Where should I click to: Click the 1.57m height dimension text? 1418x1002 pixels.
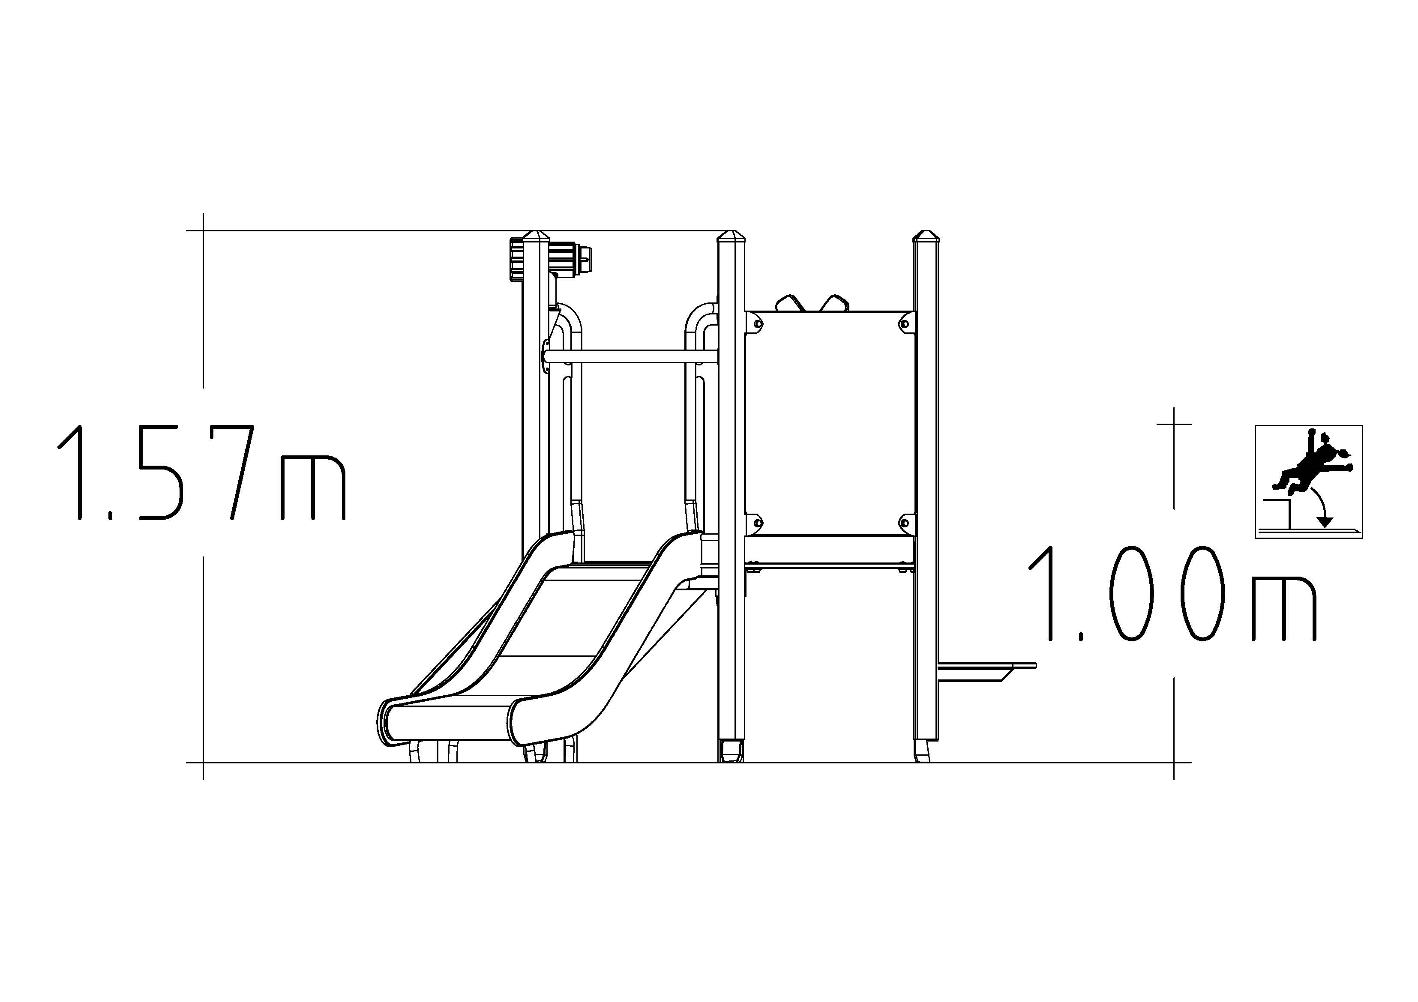[x=201, y=472]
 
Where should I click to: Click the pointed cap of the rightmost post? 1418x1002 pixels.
[x=925, y=237]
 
